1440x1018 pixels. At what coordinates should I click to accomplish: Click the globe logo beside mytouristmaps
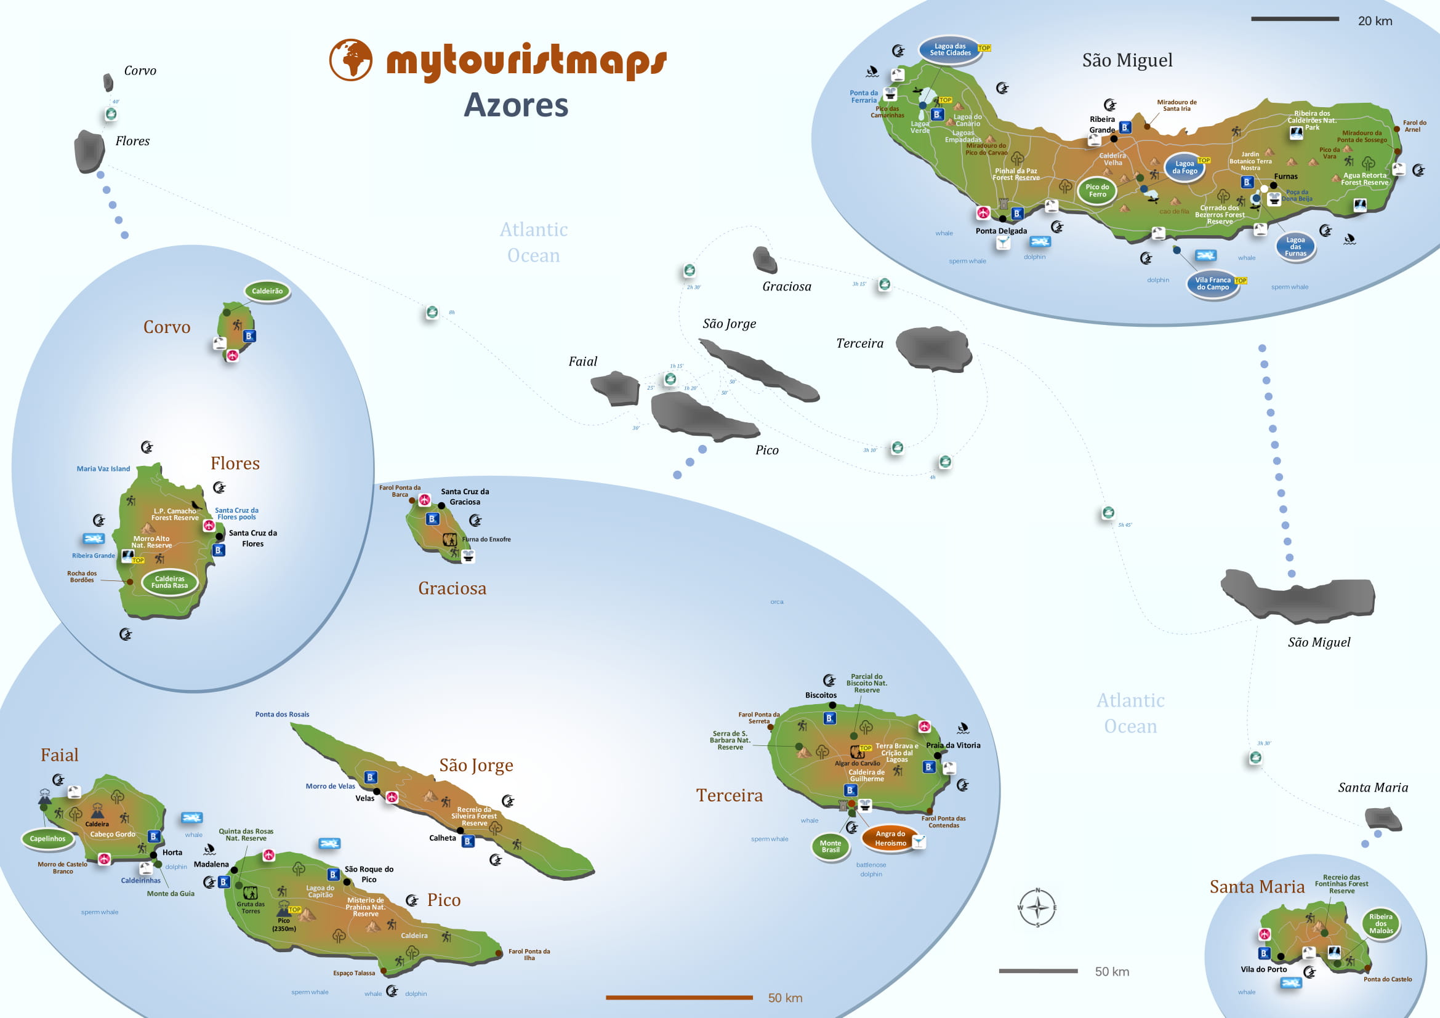[350, 60]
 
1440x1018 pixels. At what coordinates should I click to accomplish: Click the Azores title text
[515, 105]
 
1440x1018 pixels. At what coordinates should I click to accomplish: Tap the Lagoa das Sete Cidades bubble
[949, 49]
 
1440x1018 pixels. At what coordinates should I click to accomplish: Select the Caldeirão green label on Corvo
[267, 291]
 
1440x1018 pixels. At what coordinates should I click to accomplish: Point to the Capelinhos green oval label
[47, 839]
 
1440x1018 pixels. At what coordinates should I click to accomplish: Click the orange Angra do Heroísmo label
[890, 838]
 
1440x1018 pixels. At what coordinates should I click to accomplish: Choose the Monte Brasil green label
[831, 846]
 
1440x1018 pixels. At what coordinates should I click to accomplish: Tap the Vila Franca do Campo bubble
[1212, 284]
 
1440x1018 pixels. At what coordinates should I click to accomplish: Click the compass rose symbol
[1037, 907]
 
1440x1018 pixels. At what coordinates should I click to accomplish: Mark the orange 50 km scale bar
[678, 997]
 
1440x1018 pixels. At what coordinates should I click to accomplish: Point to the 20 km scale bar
[1295, 20]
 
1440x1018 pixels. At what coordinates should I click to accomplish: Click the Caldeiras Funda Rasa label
[169, 582]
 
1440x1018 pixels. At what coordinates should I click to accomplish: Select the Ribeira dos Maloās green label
[1380, 923]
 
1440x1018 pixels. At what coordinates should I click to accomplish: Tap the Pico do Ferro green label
[1097, 191]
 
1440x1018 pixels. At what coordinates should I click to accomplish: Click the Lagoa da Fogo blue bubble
[1184, 167]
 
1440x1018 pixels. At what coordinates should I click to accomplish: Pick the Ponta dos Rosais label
[282, 715]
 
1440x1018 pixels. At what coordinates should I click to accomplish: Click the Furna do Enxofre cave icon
[449, 540]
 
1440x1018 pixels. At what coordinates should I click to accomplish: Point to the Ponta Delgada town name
[1001, 231]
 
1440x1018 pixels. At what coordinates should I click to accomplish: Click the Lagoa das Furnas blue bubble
[1295, 246]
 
